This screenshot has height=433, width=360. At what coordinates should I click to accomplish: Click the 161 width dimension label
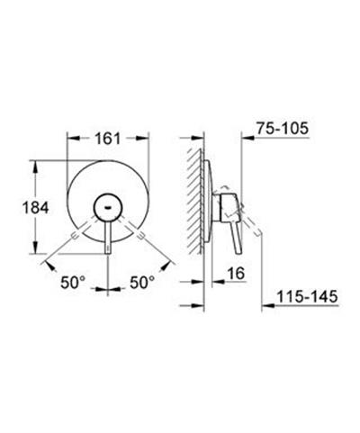(x=108, y=139)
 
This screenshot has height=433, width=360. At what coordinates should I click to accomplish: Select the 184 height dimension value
(x=35, y=207)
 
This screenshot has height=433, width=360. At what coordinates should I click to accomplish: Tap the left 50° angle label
(x=73, y=283)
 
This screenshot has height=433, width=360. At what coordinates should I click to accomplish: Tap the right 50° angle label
(x=142, y=283)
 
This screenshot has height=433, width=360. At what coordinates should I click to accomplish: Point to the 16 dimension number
(x=236, y=274)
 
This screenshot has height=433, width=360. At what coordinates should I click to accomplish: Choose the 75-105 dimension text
(x=283, y=129)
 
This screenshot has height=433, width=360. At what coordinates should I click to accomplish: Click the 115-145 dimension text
(x=307, y=296)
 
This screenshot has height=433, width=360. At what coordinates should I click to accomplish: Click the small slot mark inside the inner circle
(x=108, y=207)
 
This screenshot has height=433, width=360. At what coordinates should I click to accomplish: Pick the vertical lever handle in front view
(x=108, y=238)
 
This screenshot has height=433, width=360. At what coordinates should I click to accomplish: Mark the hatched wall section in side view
(x=195, y=201)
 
